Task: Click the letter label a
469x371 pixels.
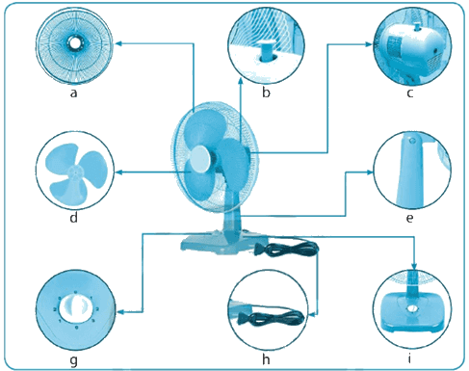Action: [74, 93]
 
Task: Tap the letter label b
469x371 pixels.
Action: [266, 92]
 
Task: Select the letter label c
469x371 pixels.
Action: [410, 93]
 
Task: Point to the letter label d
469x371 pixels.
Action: [74, 217]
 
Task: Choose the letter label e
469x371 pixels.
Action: [410, 218]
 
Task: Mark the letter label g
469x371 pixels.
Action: [74, 361]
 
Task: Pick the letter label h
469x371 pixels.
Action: [266, 359]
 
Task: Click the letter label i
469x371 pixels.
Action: [410, 358]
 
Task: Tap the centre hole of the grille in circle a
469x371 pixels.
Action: [74, 43]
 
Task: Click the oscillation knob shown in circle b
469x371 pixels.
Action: [266, 50]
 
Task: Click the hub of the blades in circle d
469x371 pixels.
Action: [75, 172]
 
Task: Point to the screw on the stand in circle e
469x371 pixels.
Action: [413, 140]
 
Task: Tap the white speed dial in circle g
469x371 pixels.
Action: [75, 308]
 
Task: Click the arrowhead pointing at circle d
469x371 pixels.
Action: [119, 172]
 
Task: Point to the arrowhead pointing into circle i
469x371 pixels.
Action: [414, 266]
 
